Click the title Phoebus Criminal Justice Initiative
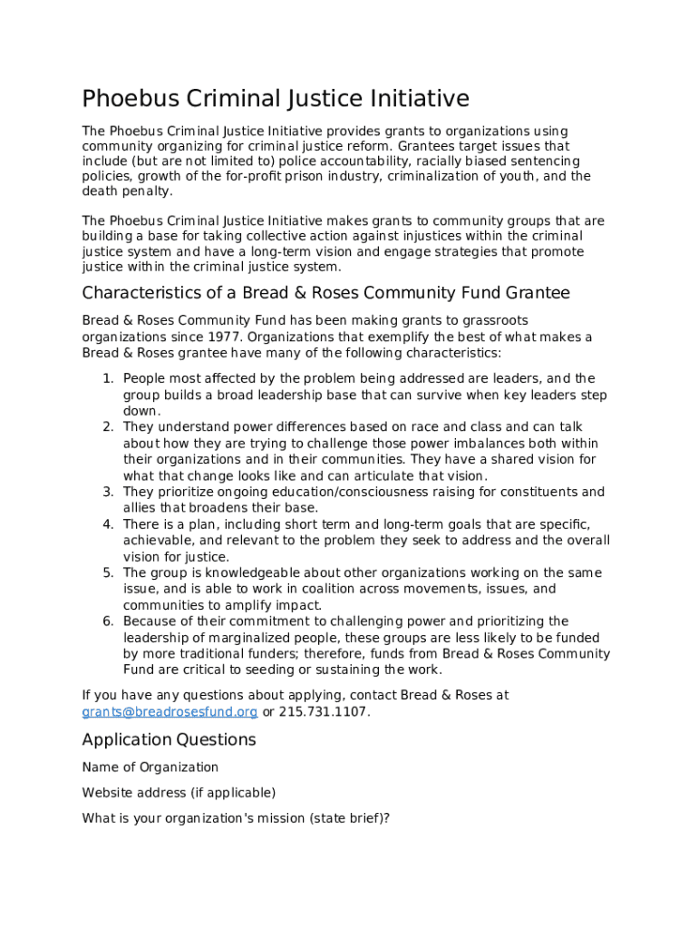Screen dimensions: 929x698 click(276, 98)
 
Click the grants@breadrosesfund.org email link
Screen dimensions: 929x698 click(170, 711)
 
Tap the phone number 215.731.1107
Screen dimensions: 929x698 click(323, 711)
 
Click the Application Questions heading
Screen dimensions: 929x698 click(169, 739)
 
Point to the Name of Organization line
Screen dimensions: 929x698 click(150, 768)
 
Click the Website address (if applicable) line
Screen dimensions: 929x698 click(179, 793)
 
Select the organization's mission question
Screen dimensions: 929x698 click(236, 818)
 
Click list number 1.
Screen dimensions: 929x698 click(108, 378)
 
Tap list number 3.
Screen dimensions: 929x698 click(108, 492)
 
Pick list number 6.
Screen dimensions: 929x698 click(108, 621)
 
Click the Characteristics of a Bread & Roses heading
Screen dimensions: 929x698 click(325, 292)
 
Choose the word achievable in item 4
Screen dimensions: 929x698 click(155, 541)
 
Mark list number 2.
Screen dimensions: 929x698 click(108, 426)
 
